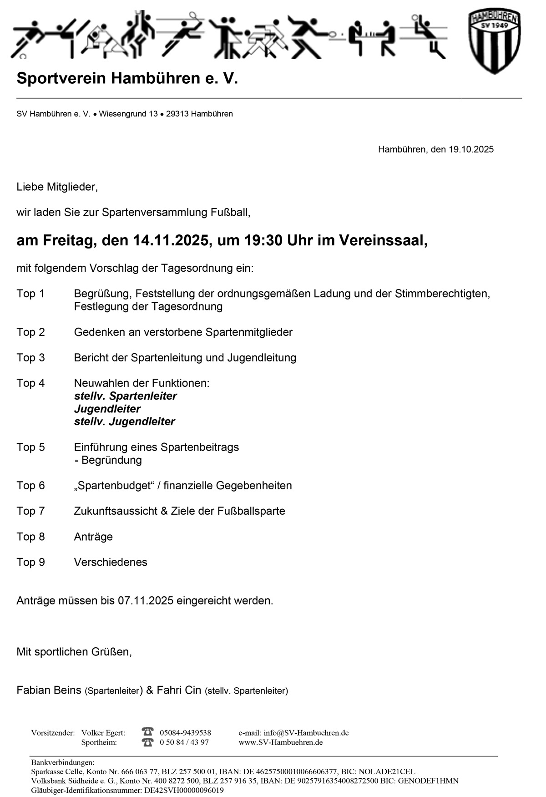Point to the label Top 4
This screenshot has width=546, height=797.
[30, 383]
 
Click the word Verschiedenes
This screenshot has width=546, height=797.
[111, 562]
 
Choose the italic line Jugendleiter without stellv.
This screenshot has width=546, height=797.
[107, 409]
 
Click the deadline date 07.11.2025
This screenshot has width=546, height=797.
[146, 601]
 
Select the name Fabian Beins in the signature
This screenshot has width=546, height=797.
[49, 690]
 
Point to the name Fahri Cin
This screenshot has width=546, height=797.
[179, 690]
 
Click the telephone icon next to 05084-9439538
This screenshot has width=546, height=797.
[147, 732]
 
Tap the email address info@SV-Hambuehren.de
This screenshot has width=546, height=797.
[293, 733]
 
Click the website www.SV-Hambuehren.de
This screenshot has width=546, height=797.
[280, 742]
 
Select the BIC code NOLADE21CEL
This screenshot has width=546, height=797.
[387, 772]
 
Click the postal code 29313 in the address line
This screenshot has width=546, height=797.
[177, 114]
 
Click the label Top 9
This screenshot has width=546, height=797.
[30, 562]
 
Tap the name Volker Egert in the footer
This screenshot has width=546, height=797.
[103, 733]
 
